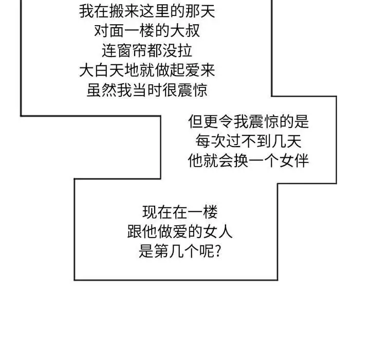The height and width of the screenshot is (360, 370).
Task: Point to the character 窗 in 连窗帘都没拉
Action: coord(124,50)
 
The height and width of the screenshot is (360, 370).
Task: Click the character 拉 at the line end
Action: coord(185,50)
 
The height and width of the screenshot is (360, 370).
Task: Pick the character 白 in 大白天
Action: coord(102,70)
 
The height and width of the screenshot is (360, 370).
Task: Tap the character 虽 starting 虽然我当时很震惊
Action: coord(94,90)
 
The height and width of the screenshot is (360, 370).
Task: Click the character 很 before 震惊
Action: coord(170,90)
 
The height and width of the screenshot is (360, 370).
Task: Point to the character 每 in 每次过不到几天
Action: coord(203,141)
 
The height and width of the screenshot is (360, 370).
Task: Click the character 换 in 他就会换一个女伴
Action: coord(241,161)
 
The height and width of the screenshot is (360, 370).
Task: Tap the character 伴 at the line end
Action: coord(301,161)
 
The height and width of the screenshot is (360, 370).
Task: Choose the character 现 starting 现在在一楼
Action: coord(150,212)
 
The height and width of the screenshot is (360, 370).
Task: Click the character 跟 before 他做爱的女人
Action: coord(135,231)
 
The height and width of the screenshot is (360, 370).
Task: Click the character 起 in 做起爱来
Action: coord(177,70)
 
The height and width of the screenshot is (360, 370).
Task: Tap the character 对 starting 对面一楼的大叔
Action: coord(102,31)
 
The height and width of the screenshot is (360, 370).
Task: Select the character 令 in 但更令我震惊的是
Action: coord(226,122)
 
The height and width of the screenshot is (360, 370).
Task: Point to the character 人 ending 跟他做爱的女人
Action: coord(226,231)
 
